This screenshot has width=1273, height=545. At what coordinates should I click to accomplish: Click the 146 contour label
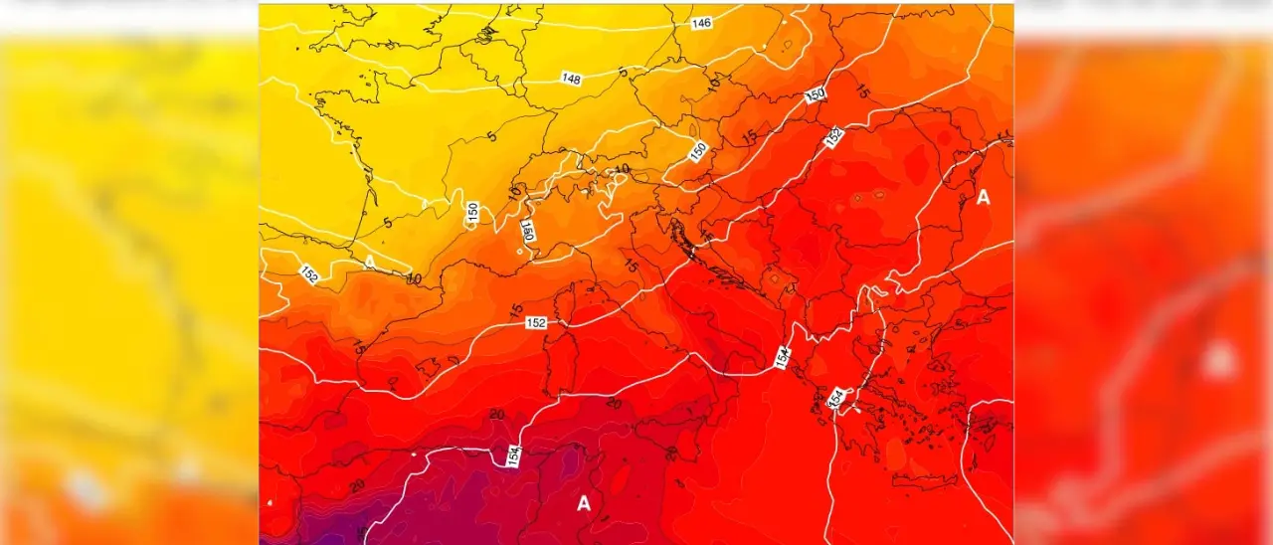click(x=701, y=23)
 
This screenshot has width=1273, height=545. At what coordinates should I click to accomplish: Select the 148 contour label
click(x=571, y=79)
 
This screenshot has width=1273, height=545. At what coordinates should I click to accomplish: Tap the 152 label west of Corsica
click(x=536, y=323)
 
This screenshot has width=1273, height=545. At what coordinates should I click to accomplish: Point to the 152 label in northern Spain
click(x=309, y=274)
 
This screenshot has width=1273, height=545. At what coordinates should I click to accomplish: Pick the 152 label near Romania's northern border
click(x=833, y=137)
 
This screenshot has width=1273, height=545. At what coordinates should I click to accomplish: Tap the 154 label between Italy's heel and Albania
click(x=783, y=356)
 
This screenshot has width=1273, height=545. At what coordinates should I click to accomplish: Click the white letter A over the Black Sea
click(x=983, y=198)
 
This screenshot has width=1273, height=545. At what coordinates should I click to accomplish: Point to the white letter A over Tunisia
click(x=584, y=504)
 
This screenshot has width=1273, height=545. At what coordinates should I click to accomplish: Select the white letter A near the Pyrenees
click(x=370, y=262)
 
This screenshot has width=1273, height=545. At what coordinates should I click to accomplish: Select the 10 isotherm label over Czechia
click(x=712, y=86)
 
